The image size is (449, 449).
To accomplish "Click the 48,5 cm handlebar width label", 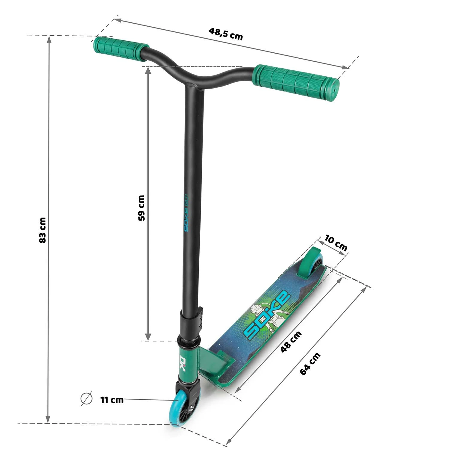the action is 225,34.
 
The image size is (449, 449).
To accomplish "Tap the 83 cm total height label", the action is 43,230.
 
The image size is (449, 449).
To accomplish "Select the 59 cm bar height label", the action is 141,208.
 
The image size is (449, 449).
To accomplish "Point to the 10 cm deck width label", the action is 336,243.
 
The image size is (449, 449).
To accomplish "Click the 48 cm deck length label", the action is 291,342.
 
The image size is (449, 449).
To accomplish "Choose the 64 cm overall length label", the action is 310,364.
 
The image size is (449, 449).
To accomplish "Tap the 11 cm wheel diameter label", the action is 112,400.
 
